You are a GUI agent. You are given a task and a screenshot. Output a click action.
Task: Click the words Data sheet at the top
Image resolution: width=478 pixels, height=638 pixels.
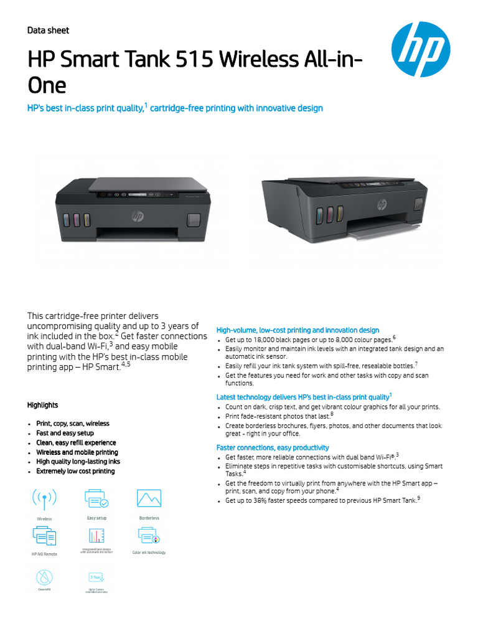click(x=48, y=31)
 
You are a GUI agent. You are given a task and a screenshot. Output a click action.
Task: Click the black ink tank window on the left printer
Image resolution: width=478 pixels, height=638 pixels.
click(x=194, y=219)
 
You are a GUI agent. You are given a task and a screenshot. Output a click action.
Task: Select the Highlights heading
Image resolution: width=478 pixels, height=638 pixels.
click(x=42, y=405)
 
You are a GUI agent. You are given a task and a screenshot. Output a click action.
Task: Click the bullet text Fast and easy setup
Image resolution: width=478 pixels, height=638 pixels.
click(x=65, y=433)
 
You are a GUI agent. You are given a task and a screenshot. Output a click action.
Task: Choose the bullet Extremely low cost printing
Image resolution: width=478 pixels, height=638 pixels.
click(x=75, y=472)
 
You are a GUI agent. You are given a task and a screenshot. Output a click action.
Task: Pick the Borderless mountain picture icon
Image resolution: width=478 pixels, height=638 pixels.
click(x=149, y=499)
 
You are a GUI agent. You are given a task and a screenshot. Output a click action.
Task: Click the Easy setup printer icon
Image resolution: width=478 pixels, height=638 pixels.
click(x=96, y=499)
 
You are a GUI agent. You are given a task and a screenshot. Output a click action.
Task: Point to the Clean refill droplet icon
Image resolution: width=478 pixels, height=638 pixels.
click(x=45, y=576)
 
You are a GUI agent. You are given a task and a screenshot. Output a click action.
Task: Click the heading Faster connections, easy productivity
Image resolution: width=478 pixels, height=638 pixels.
click(x=273, y=448)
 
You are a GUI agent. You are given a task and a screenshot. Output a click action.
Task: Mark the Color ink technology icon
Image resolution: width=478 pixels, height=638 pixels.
click(x=149, y=536)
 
